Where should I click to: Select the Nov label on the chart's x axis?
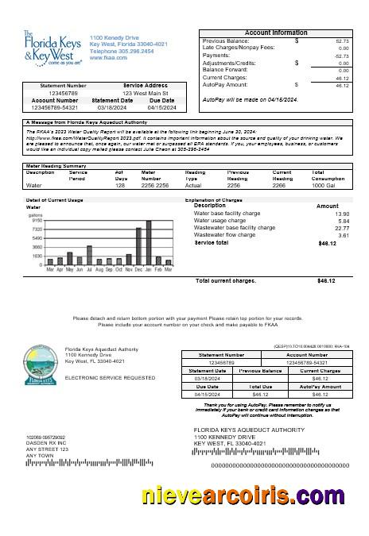pyautogui.click(x=129, y=270)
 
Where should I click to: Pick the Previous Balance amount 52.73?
pyautogui.click(x=342, y=40)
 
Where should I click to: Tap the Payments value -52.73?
pyautogui.click(x=341, y=56)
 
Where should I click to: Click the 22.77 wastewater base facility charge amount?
pyautogui.click(x=342, y=228)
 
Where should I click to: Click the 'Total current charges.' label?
pyautogui.click(x=226, y=280)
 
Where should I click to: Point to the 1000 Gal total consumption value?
pyautogui.click(x=323, y=184)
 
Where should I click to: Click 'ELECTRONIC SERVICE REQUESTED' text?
pyautogui.click(x=98, y=378)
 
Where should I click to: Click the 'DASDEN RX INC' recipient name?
pyautogui.click(x=45, y=442)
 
